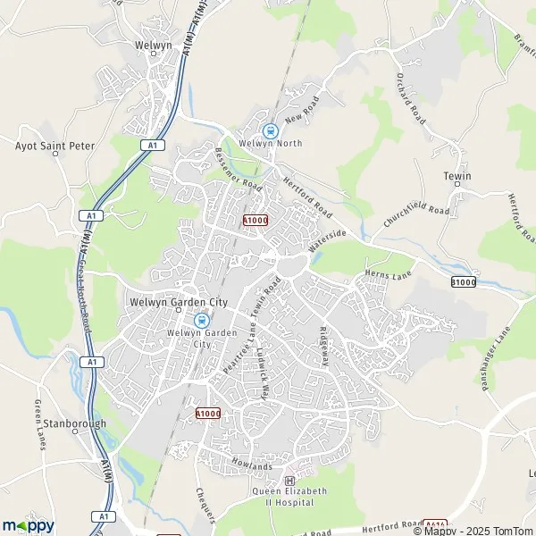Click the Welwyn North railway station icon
click(x=271, y=130)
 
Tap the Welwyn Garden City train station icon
click(x=202, y=321)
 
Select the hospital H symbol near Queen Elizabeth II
click(x=289, y=481)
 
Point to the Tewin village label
click(x=456, y=177)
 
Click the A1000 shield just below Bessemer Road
click(x=255, y=219)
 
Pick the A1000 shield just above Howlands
click(x=207, y=414)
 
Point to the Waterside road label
click(x=327, y=240)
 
